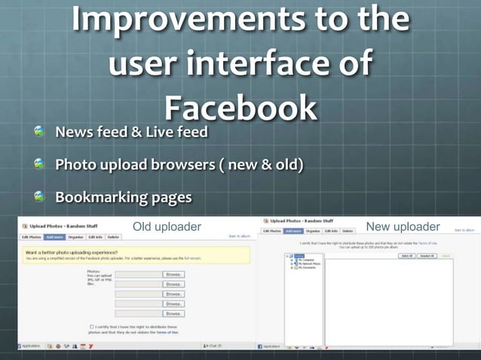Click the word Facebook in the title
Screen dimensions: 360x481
240,108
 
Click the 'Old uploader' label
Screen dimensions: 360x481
167,227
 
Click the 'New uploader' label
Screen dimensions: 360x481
403,227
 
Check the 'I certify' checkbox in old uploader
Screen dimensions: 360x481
92,327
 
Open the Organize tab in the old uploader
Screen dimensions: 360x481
75,237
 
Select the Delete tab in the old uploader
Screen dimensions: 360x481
114,237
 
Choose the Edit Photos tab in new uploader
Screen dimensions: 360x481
272,230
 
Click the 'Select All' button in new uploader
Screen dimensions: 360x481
407,256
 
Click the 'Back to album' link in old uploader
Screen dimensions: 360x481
238,236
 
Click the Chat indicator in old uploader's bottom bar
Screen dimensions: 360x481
213,346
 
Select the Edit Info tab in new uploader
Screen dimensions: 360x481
332,230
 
